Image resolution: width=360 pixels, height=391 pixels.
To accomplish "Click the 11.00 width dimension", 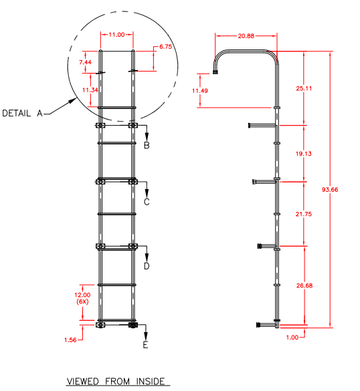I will [x=117, y=35].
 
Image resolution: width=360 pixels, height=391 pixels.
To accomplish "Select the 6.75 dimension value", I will [x=165, y=47].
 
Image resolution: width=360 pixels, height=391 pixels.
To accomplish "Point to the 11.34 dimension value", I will [x=85, y=89].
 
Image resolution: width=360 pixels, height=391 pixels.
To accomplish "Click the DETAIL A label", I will [x=22, y=113].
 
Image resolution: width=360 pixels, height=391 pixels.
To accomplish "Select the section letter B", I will [x=147, y=145].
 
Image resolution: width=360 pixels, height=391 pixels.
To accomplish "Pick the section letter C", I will [x=147, y=201].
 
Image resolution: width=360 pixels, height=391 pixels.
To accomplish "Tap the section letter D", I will [x=147, y=266].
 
